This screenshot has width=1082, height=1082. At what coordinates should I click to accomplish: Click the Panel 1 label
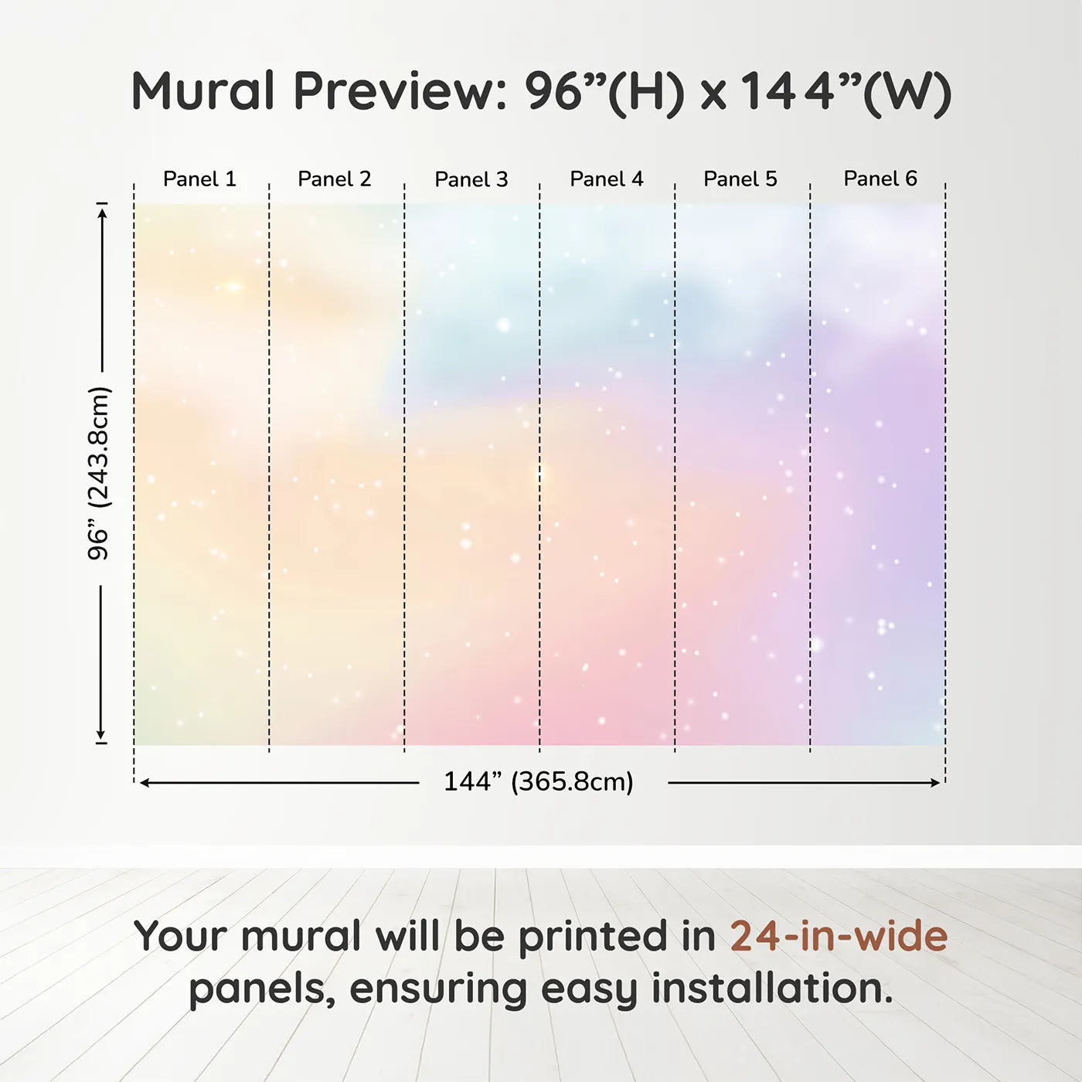click(x=199, y=179)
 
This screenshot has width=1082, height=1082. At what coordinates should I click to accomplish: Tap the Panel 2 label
click(x=334, y=179)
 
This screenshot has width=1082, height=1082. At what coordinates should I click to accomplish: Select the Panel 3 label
click(x=471, y=179)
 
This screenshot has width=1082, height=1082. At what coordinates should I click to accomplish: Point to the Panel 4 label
click(x=607, y=179)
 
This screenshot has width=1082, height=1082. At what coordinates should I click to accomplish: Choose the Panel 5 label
click(x=740, y=179)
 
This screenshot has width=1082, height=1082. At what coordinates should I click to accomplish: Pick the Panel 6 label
click(x=880, y=179)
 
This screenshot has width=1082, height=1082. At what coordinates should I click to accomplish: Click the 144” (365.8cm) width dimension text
click(x=539, y=781)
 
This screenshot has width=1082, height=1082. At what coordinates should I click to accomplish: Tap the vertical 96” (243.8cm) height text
click(x=99, y=473)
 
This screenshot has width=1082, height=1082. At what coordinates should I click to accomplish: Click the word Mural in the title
click(x=202, y=90)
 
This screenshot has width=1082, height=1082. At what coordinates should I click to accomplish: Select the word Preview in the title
click(x=401, y=91)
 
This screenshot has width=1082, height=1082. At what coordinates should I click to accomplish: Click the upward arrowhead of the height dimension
click(x=101, y=213)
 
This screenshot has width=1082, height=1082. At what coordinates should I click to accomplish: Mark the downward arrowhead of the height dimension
click(x=101, y=734)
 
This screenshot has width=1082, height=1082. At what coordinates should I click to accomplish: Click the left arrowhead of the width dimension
click(x=145, y=783)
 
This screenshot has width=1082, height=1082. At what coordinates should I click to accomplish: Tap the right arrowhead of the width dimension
click(x=935, y=783)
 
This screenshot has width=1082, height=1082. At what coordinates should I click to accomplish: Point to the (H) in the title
click(x=646, y=94)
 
